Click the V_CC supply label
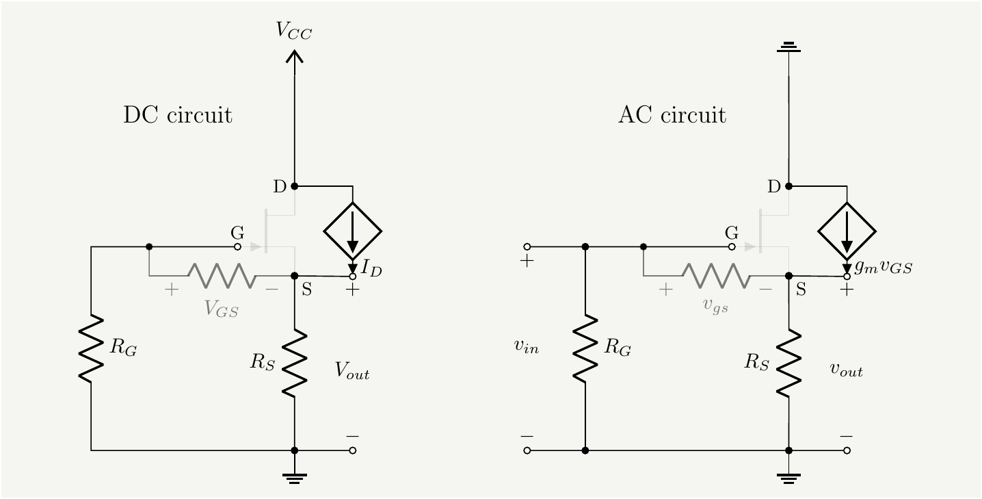pyautogui.click(x=294, y=31)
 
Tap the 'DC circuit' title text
pyautogui.click(x=177, y=115)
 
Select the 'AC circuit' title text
pyautogui.click(x=672, y=115)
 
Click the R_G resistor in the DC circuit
pyautogui.click(x=91, y=348)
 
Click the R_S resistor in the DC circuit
pyautogui.click(x=294, y=363)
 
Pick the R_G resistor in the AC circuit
pyautogui.click(x=585, y=348)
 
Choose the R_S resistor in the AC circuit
pyautogui.click(x=788, y=363)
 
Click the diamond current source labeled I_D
pyautogui.click(x=352, y=231)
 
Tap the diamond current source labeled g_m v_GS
pyautogui.click(x=847, y=231)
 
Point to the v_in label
pyautogui.click(x=527, y=347)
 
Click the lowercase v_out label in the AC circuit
pyautogui.click(x=846, y=370)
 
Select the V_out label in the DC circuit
pyautogui.click(x=351, y=370)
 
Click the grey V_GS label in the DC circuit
pyautogui.click(x=222, y=309)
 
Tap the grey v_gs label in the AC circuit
pyautogui.click(x=716, y=306)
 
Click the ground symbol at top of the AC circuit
pyautogui.click(x=788, y=48)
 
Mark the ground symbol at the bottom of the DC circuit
pyautogui.click(x=294, y=477)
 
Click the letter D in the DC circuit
pyautogui.click(x=280, y=186)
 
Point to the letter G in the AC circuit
pyautogui.click(x=732, y=233)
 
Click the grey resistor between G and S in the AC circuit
pyautogui.click(x=716, y=276)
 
